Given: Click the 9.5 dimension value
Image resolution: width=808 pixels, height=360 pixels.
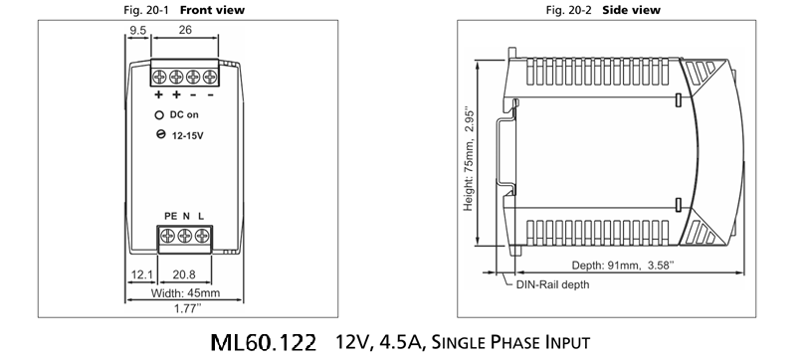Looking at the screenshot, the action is point(137,31).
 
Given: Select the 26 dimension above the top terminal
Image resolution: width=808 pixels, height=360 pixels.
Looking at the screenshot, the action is point(185,30).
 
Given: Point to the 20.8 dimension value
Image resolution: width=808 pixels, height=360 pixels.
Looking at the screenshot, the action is point(184,275).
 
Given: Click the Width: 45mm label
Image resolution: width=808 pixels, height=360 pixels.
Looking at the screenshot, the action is point(185,293).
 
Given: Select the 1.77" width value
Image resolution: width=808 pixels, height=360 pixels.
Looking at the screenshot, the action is point(185,309).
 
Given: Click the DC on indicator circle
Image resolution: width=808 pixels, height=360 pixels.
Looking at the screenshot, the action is point(159,115).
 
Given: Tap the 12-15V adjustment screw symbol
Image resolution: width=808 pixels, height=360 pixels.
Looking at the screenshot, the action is point(160,134).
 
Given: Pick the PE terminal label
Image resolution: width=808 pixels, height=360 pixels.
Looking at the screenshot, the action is point(170,217).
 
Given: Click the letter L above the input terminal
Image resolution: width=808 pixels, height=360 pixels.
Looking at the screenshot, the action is point(201,217).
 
